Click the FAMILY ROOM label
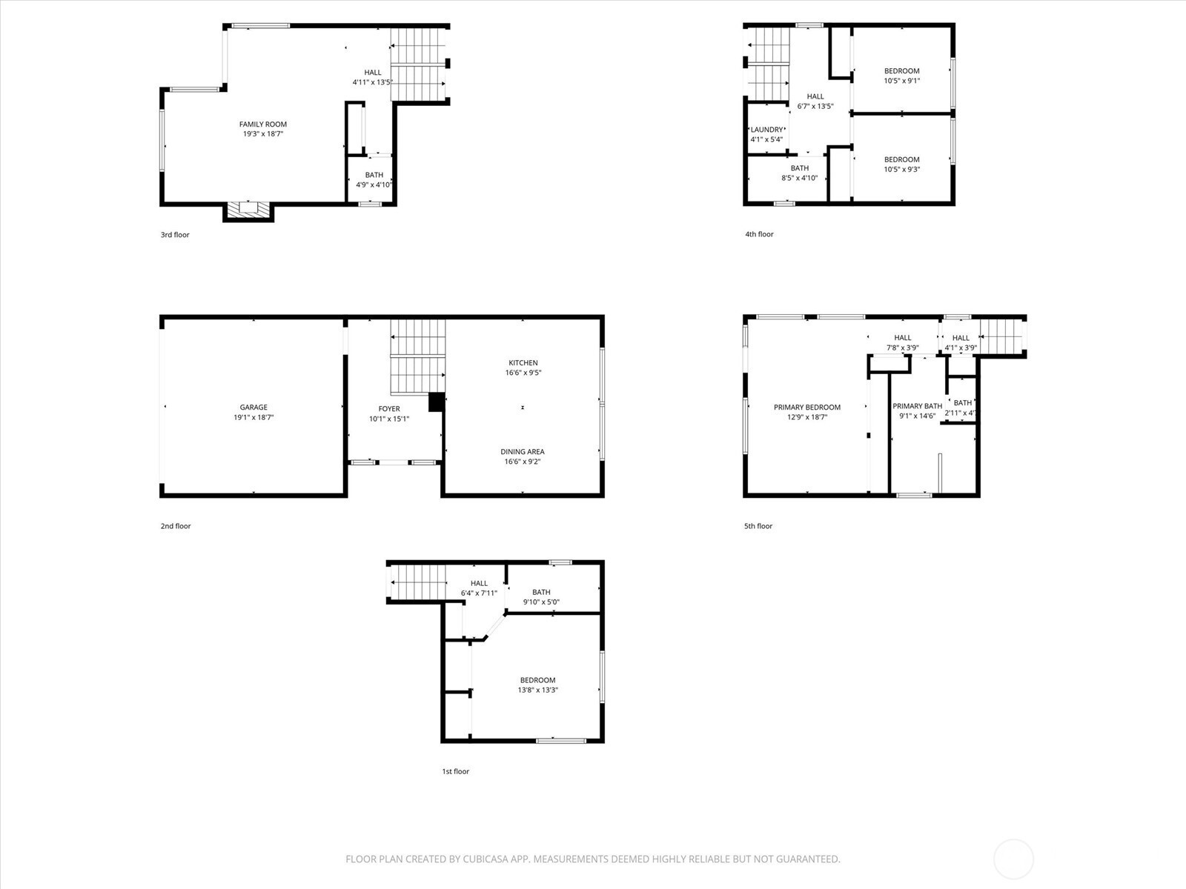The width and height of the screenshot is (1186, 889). [263, 124]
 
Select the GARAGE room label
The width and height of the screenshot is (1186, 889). [254, 407]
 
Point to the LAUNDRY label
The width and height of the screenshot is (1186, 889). [766, 130]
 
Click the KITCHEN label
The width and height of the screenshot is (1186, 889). [523, 363]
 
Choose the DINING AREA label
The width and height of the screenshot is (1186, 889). [523, 452]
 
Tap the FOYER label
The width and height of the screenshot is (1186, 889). [389, 409]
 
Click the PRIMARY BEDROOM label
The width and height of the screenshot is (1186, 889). [807, 407]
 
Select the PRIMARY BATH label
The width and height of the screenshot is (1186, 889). [918, 407]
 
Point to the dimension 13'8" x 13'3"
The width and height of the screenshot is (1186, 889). [537, 690]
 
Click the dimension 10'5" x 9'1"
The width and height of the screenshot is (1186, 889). [902, 81]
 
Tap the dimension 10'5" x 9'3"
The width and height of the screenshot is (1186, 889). [902, 170]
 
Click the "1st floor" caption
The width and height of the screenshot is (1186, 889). [455, 771]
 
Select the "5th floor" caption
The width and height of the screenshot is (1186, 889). [758, 526]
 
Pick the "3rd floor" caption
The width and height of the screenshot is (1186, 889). [175, 235]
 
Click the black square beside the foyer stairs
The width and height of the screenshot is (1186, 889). [437, 402]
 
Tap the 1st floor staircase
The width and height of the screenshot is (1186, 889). [417, 582]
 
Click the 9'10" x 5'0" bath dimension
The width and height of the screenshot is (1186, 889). [541, 602]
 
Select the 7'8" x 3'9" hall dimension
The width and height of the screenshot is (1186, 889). [902, 347]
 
